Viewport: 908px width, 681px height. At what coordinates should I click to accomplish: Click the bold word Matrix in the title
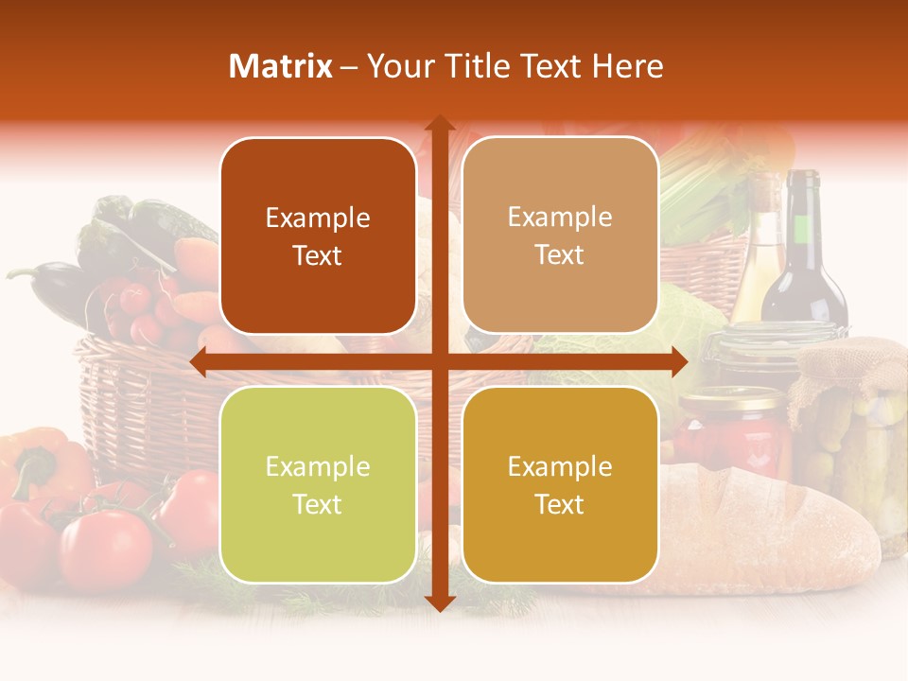[281, 66]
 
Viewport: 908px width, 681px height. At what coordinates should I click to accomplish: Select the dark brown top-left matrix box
[318, 236]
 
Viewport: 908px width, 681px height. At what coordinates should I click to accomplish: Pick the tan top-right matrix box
[560, 236]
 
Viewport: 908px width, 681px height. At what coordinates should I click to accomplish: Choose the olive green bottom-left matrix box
[318, 484]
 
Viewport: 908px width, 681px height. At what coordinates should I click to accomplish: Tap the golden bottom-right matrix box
[560, 484]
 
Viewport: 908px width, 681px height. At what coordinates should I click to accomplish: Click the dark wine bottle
[805, 255]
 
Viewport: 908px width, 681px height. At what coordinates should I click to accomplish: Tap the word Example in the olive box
[318, 466]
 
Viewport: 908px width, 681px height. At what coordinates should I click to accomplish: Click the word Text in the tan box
[560, 255]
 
